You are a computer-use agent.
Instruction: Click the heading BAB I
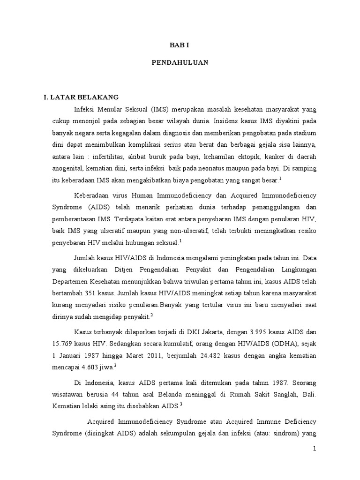pos(180,45)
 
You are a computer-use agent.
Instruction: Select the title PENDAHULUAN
pos(180,62)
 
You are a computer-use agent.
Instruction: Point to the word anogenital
pos(69,168)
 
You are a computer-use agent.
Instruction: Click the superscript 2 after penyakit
pos(152,315)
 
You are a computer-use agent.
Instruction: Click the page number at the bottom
pos(315,449)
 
